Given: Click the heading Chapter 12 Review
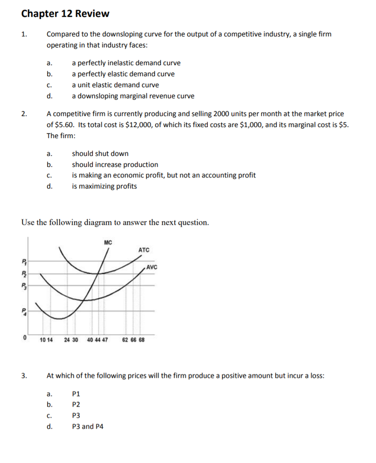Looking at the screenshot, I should [x=65, y=14].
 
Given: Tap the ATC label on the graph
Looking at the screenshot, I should [x=144, y=250].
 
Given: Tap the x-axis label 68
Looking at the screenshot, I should [x=142, y=340].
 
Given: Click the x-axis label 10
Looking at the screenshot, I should [x=42, y=340].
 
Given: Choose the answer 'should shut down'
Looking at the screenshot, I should [x=100, y=154].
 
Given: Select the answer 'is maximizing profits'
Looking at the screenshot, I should [x=104, y=186].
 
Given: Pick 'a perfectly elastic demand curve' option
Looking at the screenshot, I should [x=123, y=74].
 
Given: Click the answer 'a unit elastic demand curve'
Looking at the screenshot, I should [x=115, y=85].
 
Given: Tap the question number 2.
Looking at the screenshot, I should [x=24, y=114].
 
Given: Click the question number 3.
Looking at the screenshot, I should [x=24, y=375].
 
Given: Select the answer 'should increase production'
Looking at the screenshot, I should [x=115, y=165].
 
